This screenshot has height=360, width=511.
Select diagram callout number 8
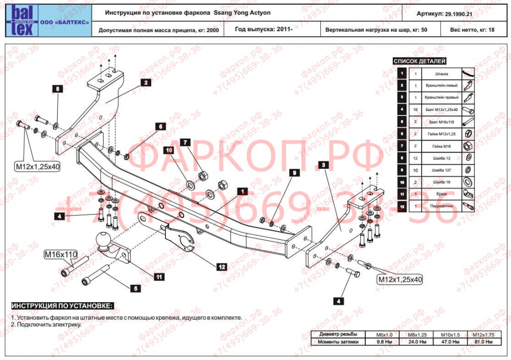pos(58,89)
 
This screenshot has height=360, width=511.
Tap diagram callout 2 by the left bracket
pos(145,82)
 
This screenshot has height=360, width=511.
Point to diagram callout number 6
pos(159,126)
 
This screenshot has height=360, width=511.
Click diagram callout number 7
pos(184,143)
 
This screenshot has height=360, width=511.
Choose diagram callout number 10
pos(168,150)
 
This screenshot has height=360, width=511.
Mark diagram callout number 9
pos(293,173)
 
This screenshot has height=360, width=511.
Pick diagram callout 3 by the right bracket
pos(323,165)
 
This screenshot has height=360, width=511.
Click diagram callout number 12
pos(221,266)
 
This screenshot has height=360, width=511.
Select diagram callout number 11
pos(159,277)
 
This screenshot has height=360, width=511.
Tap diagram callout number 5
pos(135,288)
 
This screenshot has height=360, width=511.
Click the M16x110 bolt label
pos(60,254)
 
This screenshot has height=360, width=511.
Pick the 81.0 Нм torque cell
pos(483,341)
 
